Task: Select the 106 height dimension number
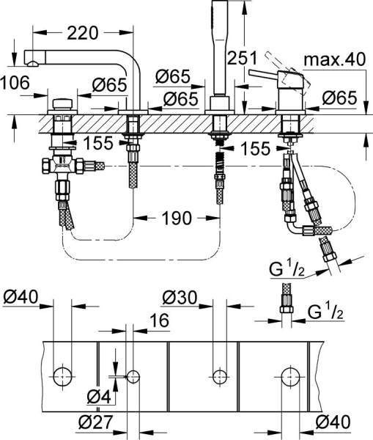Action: coord(15,84)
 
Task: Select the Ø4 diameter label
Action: coord(97,397)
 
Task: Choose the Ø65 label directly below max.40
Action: coord(339,95)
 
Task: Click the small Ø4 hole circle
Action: coord(133,377)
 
